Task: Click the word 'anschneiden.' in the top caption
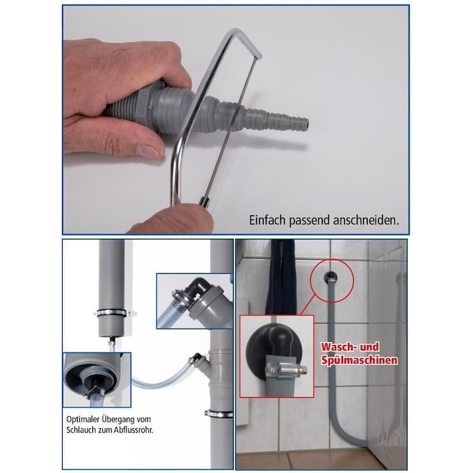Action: [365, 221]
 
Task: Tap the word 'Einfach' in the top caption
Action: [267, 220]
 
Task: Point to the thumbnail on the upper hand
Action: [150, 150]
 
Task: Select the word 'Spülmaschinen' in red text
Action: [359, 360]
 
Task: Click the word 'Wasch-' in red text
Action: [337, 347]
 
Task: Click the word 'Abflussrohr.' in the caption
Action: [134, 430]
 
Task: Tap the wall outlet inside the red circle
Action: [331, 277]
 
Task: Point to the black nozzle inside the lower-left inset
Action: [96, 387]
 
